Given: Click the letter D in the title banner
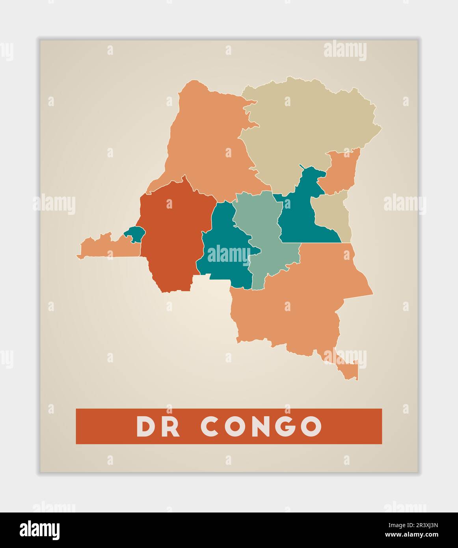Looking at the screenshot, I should pyautogui.click(x=147, y=426).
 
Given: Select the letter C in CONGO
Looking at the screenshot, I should pyautogui.click(x=212, y=426).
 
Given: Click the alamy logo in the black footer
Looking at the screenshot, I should pyautogui.click(x=40, y=530).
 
